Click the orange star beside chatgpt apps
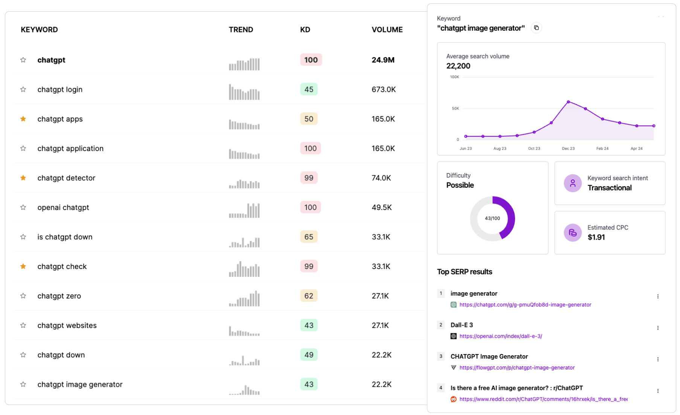(x=23, y=119)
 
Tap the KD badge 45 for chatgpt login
(x=309, y=89)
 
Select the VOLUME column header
(x=387, y=30)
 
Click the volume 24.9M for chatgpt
(x=383, y=60)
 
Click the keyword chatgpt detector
(x=66, y=178)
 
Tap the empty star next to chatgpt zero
(x=23, y=296)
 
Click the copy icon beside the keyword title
(x=536, y=28)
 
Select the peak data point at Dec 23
(x=568, y=102)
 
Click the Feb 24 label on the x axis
(x=602, y=149)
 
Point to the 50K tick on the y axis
(x=455, y=108)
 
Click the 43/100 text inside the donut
(x=492, y=218)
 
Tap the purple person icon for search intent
(x=572, y=183)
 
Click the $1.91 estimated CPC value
(x=596, y=237)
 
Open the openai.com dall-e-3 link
(x=500, y=336)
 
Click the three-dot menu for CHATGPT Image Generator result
(x=658, y=359)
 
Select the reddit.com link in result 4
(x=543, y=399)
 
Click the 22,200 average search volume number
(x=458, y=66)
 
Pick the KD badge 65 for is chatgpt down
(x=309, y=237)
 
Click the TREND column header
(x=241, y=30)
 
